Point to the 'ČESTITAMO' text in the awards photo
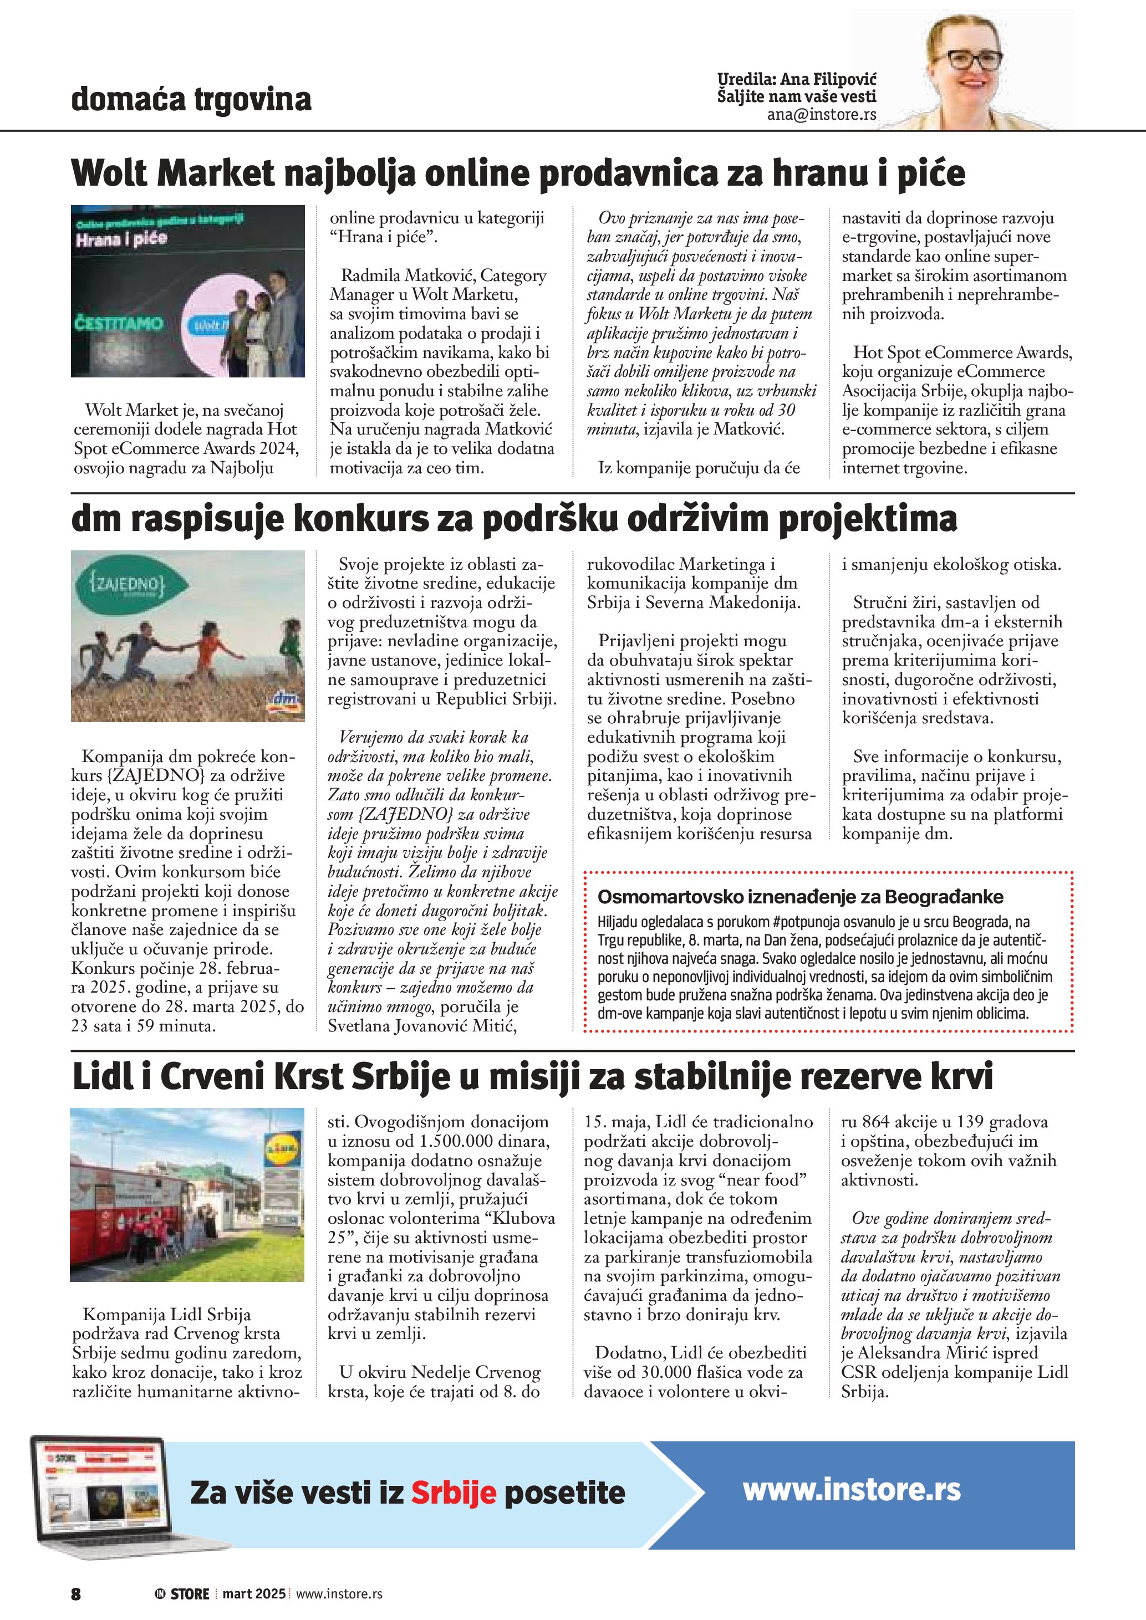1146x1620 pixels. point(118,324)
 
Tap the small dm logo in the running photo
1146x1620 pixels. point(285,701)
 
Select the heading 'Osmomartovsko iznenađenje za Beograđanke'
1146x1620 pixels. point(800,897)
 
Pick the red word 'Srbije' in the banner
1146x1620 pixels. point(454,1493)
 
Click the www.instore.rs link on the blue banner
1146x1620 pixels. point(851,1489)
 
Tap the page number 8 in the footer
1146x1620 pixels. point(76,1594)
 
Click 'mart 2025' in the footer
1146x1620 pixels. point(254,1594)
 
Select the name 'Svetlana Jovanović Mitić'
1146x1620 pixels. point(421,1026)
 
